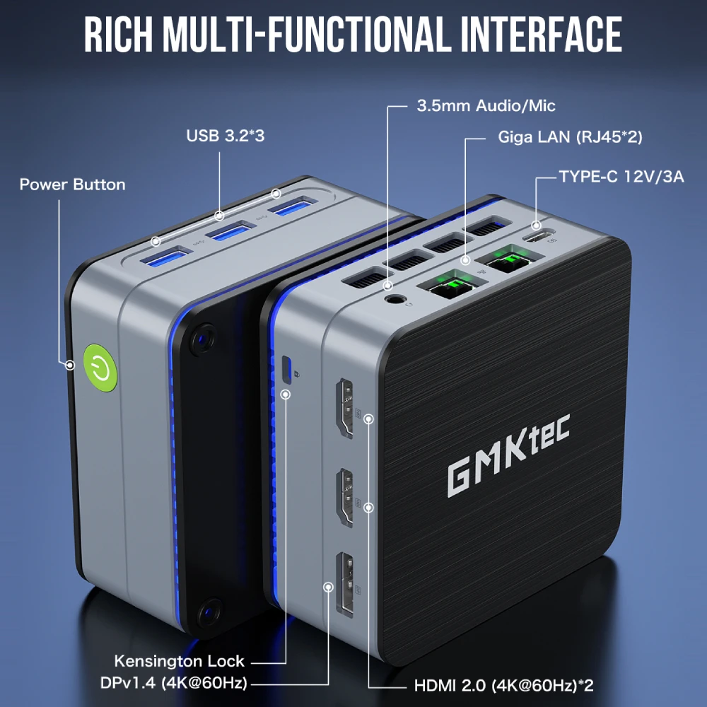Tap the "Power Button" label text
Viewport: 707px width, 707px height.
tap(72, 185)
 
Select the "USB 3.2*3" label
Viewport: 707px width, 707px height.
tap(226, 135)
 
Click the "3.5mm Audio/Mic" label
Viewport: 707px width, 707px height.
tap(485, 106)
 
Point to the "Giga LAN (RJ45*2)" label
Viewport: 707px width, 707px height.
tap(569, 137)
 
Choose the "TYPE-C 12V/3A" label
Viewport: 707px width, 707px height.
tap(621, 176)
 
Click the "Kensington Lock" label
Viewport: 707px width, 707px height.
tap(179, 662)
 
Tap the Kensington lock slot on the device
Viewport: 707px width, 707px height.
tap(286, 368)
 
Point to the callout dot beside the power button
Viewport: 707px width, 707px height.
tap(70, 366)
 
